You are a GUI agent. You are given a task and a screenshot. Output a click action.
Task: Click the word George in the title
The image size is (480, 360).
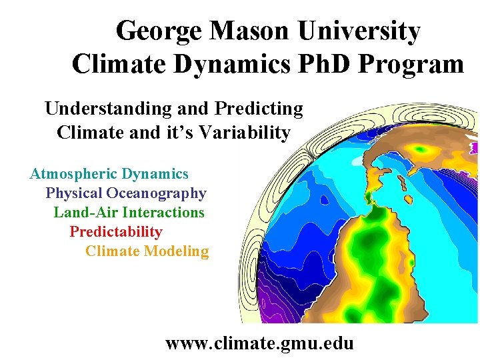pos(158,31)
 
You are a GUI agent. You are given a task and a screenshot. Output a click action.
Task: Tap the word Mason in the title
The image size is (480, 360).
pos(250,31)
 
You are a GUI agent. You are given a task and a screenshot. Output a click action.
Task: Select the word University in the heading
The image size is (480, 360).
pos(359,31)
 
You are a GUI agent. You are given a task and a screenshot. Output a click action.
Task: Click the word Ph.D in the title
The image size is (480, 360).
pos(323,64)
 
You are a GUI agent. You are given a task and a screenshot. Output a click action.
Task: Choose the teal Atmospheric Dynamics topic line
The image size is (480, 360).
pos(109,174)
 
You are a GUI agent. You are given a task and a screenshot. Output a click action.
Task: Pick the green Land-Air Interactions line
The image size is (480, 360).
pos(129,213)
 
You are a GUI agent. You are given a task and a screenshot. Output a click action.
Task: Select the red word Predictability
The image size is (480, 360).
pos(116,232)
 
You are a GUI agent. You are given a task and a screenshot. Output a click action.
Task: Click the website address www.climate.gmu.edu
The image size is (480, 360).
pos(259,343)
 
